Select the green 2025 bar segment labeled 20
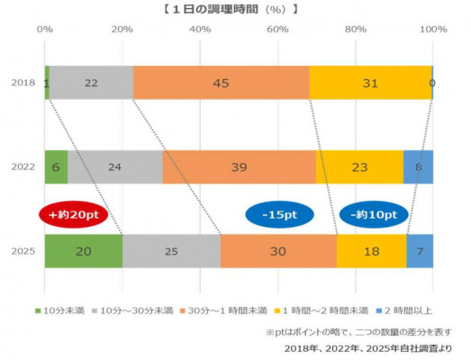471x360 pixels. (x=84, y=251)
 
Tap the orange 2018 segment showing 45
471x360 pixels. (x=221, y=83)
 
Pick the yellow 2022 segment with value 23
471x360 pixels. (x=359, y=166)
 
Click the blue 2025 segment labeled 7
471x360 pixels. (x=420, y=251)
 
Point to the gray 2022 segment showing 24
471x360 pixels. (x=115, y=166)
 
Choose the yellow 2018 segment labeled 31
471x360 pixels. (x=370, y=83)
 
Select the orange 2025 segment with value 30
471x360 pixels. (x=278, y=251)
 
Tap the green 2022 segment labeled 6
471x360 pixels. (x=56, y=166)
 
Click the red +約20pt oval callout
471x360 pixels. (x=74, y=214)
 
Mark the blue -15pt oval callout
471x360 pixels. (x=280, y=214)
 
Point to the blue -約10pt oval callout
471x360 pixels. (x=374, y=214)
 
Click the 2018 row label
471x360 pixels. (x=23, y=83)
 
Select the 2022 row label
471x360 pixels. (x=23, y=166)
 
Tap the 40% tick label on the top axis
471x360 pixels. (x=200, y=29)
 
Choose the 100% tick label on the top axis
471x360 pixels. (x=433, y=29)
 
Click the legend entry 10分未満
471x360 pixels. (x=59, y=310)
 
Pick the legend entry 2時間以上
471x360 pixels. (x=404, y=310)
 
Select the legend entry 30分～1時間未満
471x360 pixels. (x=223, y=310)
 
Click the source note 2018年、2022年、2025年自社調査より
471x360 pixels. (x=368, y=348)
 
